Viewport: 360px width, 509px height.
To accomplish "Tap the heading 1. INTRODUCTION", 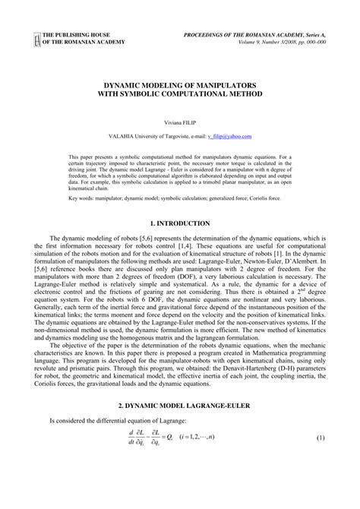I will tap(180, 223).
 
